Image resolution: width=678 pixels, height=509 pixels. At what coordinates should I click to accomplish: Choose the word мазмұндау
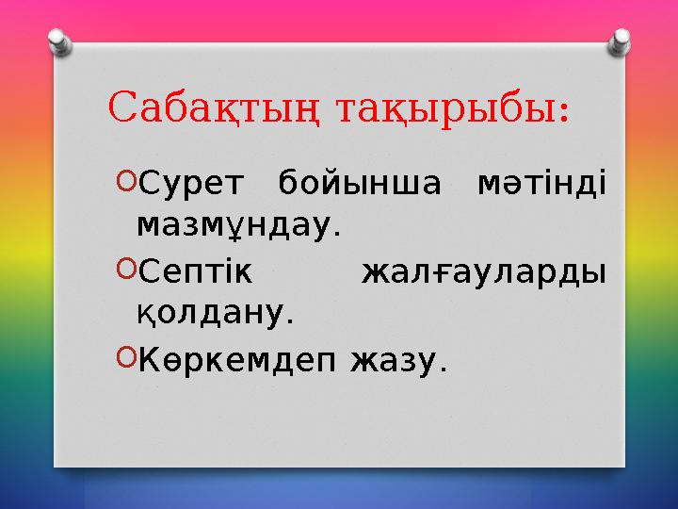[x=234, y=225]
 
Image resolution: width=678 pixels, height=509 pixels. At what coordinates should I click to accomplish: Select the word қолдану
[x=212, y=314]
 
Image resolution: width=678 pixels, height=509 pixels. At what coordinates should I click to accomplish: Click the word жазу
[x=393, y=359]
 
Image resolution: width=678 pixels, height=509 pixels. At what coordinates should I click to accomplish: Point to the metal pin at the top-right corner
[x=621, y=40]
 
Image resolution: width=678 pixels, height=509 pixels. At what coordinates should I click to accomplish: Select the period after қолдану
[x=290, y=320]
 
